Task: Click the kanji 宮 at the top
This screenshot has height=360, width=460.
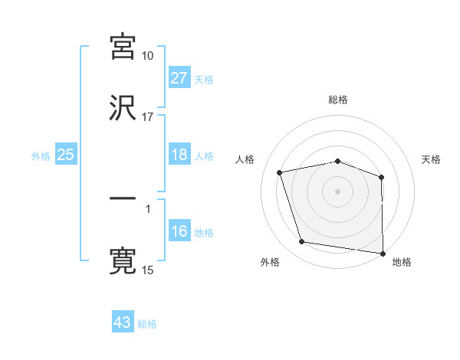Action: (x=123, y=47)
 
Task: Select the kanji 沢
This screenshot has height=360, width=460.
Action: (x=123, y=108)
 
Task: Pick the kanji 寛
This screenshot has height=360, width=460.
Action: (x=123, y=260)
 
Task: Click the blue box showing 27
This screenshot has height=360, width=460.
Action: (x=179, y=78)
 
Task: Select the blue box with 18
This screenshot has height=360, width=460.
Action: (x=179, y=155)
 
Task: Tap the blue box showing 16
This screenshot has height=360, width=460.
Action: (x=179, y=232)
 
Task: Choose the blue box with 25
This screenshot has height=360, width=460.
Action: (x=66, y=155)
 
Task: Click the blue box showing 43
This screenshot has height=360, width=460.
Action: (x=123, y=322)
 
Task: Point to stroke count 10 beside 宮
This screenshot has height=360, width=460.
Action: (x=148, y=57)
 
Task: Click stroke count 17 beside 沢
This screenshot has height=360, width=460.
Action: (x=148, y=117)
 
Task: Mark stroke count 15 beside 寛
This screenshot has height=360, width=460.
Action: (x=148, y=270)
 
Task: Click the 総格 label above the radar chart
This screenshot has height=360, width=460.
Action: (x=338, y=100)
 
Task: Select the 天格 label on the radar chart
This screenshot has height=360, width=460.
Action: (x=432, y=159)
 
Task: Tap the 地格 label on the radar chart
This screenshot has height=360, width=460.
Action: (x=402, y=263)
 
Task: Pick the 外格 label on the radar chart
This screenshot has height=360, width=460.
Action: (x=270, y=263)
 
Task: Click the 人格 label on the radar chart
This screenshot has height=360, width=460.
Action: (x=245, y=159)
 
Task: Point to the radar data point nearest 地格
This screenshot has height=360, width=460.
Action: (x=383, y=253)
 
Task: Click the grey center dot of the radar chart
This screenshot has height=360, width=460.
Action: (x=338, y=191)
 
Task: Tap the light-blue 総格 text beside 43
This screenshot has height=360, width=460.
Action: (x=148, y=324)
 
